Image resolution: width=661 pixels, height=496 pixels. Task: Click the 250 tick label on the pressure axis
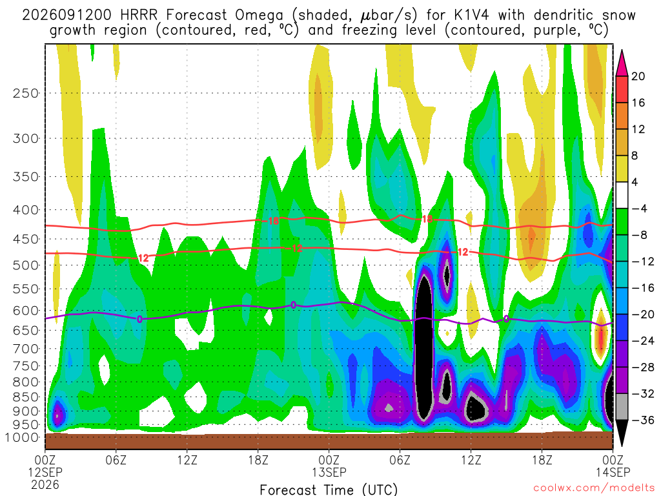click(25, 93)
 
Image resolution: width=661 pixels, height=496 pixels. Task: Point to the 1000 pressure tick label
click(22, 437)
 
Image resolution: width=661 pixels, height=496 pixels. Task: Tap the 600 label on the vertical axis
click(25, 311)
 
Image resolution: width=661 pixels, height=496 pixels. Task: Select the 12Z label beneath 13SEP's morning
click(471, 459)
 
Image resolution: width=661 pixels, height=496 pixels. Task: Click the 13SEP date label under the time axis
click(329, 472)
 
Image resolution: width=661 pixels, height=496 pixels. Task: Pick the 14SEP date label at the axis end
click(613, 472)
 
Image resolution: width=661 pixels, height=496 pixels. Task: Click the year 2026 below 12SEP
click(45, 484)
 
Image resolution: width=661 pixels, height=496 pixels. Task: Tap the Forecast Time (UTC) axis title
click(329, 490)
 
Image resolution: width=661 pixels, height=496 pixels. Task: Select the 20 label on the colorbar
click(638, 76)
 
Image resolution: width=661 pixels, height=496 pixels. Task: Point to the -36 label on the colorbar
click(642, 420)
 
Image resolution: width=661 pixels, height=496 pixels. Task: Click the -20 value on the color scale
click(642, 315)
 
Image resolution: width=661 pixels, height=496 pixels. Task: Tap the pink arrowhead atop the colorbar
click(622, 63)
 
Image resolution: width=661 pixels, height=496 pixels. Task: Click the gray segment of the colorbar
click(622, 407)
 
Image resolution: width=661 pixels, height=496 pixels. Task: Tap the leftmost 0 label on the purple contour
click(139, 319)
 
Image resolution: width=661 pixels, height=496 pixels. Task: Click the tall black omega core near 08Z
click(424, 346)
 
